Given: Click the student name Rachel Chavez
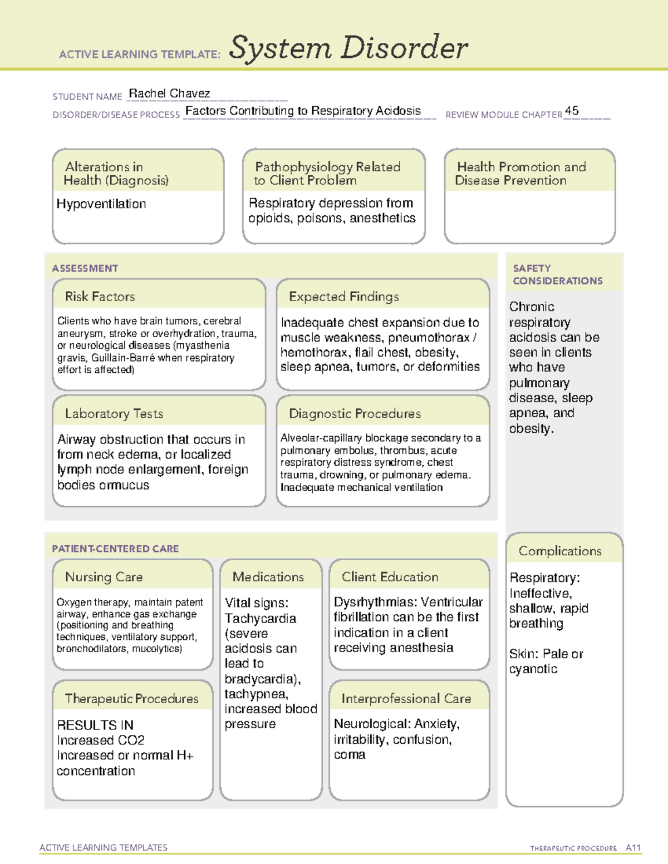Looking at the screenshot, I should [x=169, y=93].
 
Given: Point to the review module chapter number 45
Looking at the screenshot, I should [x=572, y=111].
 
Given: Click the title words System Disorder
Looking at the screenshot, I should [x=348, y=48].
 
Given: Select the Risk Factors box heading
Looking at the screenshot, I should [x=100, y=297].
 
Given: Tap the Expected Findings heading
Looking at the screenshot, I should [x=344, y=297].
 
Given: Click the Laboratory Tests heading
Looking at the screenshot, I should [x=114, y=413].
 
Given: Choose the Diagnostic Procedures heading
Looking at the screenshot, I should [x=355, y=413].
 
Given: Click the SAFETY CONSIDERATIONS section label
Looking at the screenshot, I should [x=557, y=274].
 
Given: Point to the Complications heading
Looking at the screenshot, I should [x=560, y=551].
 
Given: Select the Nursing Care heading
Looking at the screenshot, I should [x=104, y=577].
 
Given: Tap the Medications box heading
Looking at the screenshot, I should [x=268, y=577].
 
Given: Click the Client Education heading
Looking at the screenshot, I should [x=390, y=577].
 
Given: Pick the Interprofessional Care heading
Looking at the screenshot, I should [x=406, y=698].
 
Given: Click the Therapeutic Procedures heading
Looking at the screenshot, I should [x=132, y=698].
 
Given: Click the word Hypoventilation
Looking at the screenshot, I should [x=101, y=204].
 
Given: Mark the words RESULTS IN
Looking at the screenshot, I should [x=95, y=725].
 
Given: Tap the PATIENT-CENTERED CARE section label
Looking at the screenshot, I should [x=115, y=549].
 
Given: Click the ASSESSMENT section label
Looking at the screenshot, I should [x=85, y=268].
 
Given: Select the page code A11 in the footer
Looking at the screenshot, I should [x=633, y=847].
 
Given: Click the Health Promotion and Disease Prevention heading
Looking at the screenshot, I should [x=521, y=173].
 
